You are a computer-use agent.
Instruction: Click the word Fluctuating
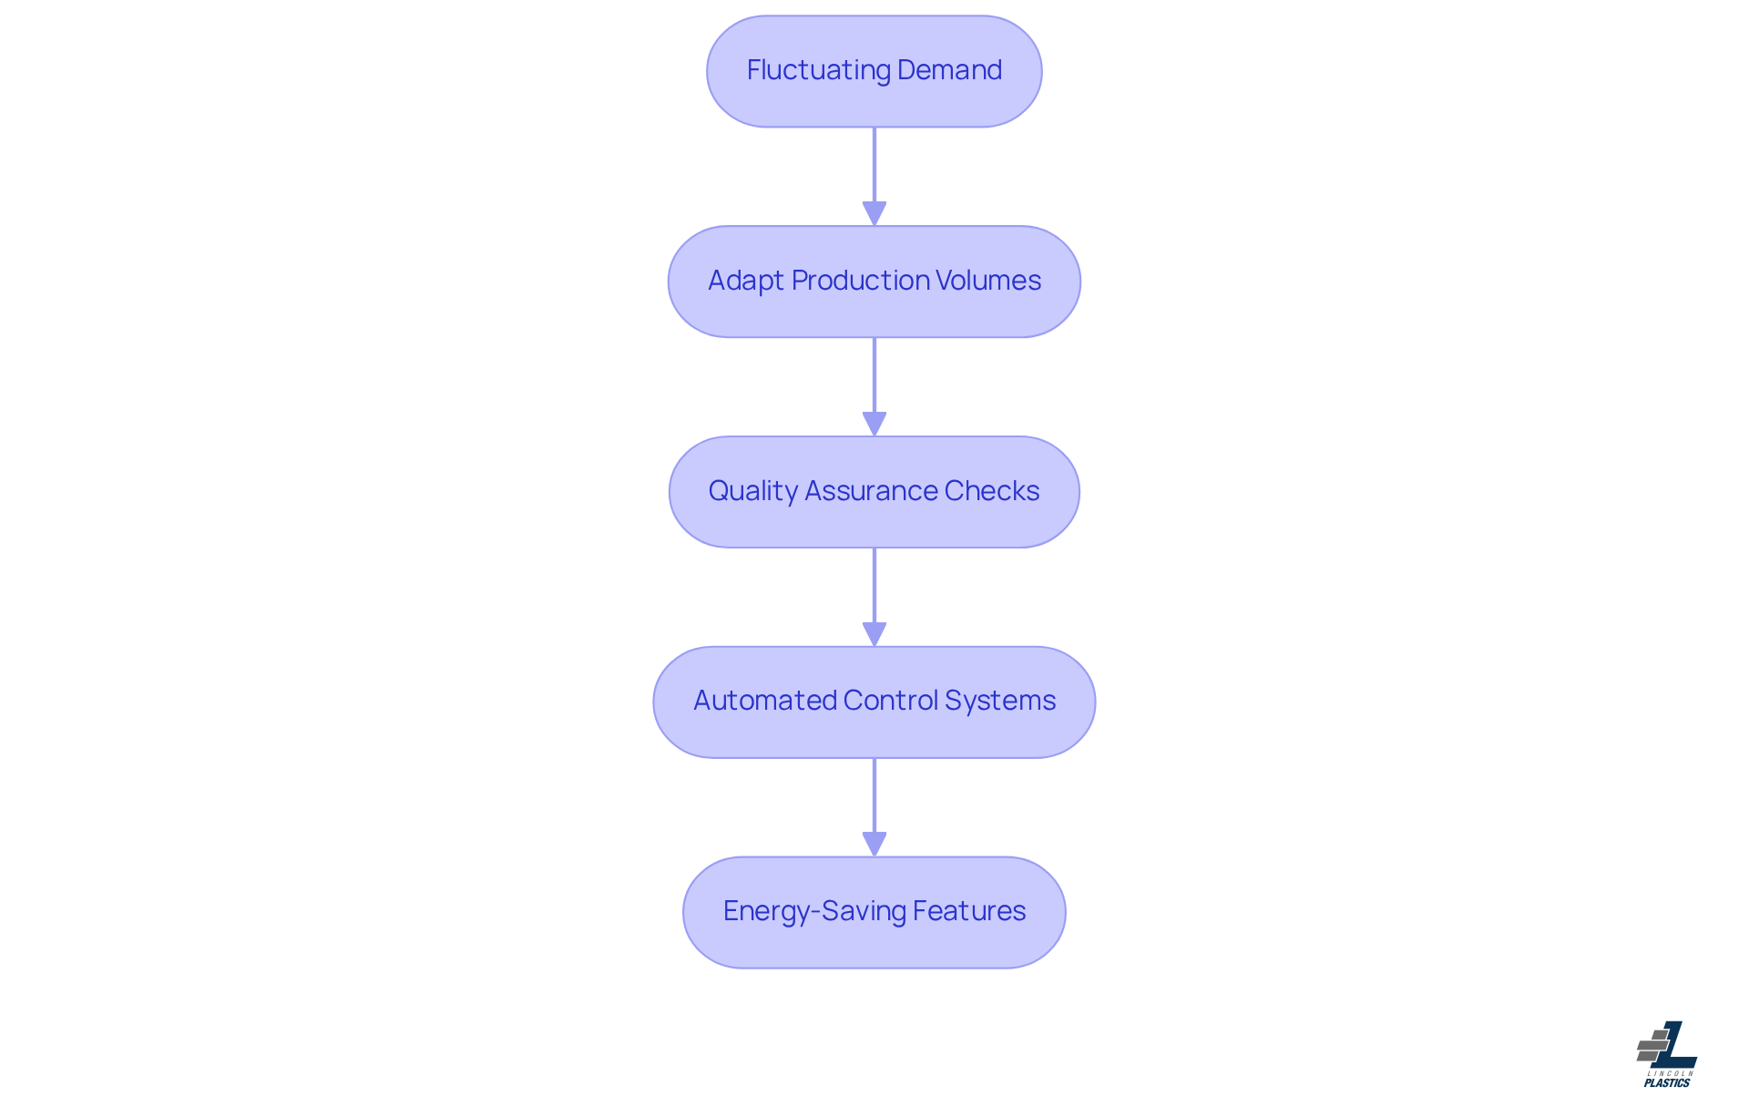(818, 70)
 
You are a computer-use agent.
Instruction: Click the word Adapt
(745, 281)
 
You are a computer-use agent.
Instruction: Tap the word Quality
(752, 491)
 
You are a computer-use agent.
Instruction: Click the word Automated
(764, 701)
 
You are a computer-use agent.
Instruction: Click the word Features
(969, 911)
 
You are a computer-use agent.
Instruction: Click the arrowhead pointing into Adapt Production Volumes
(874, 213)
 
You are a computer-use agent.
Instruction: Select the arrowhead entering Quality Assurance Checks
(874, 424)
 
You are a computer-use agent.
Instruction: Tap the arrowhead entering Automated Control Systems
(874, 634)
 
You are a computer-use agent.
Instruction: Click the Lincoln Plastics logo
(1667, 1054)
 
